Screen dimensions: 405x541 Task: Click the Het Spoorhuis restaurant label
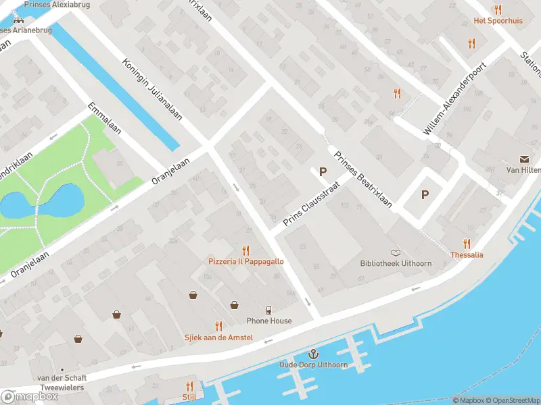(498, 20)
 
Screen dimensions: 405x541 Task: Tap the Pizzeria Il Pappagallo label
(245, 261)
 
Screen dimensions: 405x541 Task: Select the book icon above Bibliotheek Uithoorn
(396, 252)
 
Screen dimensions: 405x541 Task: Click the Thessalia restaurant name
(467, 255)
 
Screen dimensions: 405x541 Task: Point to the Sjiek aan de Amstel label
(218, 337)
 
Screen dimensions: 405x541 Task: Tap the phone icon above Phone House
(269, 310)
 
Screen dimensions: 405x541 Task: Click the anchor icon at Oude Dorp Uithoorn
(313, 354)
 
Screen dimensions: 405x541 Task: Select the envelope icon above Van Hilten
(525, 159)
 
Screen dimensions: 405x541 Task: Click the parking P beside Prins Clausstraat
(323, 172)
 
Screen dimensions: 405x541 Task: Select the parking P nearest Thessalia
(425, 195)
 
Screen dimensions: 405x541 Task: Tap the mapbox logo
(30, 397)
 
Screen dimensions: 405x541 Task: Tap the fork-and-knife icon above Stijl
(189, 386)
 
